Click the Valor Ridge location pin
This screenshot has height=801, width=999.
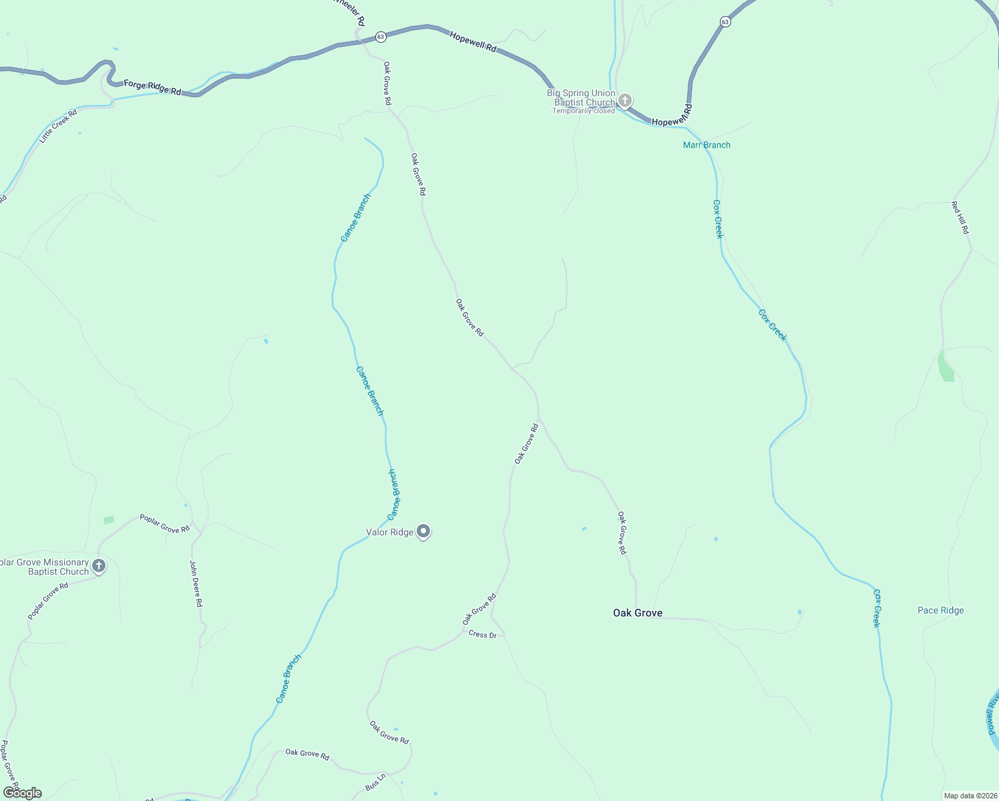click(x=423, y=531)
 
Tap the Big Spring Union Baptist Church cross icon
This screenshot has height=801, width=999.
click(x=625, y=101)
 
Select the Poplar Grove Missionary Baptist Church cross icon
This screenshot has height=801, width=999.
click(x=99, y=567)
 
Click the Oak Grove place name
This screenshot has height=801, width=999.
click(x=638, y=613)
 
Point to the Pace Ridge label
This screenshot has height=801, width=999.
click(x=940, y=610)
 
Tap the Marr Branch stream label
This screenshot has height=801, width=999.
click(x=707, y=145)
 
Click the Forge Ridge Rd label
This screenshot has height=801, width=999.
click(x=152, y=87)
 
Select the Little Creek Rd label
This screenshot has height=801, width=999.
click(x=58, y=126)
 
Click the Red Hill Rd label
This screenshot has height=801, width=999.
click(x=960, y=217)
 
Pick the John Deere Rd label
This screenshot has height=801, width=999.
click(x=195, y=583)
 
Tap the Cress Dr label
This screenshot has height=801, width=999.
click(x=483, y=634)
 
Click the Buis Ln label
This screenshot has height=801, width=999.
click(x=376, y=782)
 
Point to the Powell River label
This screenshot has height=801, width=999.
click(x=993, y=713)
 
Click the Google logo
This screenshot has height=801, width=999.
click(x=23, y=793)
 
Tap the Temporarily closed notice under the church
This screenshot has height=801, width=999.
click(x=583, y=111)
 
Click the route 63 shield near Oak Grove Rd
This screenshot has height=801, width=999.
click(x=381, y=37)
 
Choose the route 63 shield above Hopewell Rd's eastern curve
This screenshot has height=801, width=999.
click(x=725, y=22)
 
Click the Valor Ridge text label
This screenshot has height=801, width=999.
click(x=390, y=532)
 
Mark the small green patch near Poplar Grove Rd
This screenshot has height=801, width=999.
click(x=109, y=519)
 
